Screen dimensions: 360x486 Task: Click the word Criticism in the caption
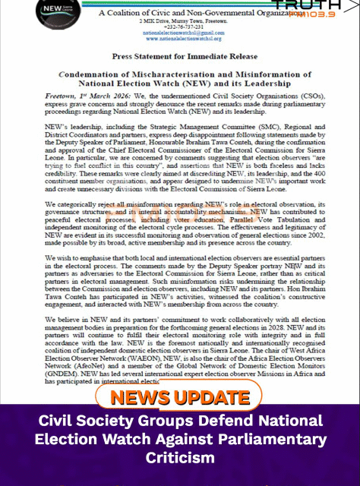180,459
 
